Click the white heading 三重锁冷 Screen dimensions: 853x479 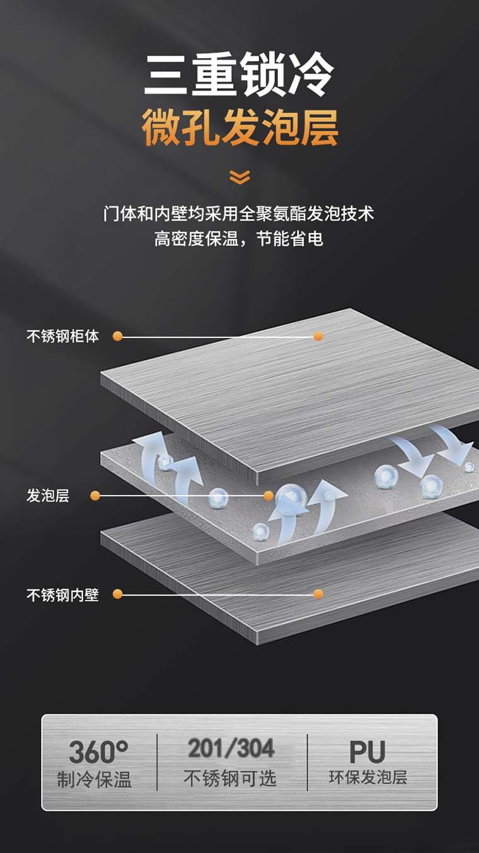coord(239,75)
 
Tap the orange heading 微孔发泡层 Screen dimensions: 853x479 coord(239,127)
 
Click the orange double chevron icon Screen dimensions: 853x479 coord(239,177)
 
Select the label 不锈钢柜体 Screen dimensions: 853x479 coord(62,336)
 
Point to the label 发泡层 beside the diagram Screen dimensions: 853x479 coord(48,496)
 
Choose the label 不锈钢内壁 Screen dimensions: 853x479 coord(62,595)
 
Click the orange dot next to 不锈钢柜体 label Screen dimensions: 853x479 coord(117,336)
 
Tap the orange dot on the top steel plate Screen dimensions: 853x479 coord(318,336)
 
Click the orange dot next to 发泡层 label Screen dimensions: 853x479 coord(95,496)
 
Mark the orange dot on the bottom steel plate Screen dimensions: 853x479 coord(318,594)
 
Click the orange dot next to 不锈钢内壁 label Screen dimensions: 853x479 coord(117,594)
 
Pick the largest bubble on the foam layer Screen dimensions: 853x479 coord(291,497)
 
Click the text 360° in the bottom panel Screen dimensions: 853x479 coord(98,751)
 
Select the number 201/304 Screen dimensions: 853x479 coord(231,748)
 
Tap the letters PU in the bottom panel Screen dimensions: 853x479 coord(367,751)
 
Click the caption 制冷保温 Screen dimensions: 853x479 coord(95,780)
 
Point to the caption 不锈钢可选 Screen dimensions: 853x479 coord(230,779)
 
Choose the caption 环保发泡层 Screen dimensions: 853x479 coord(368,777)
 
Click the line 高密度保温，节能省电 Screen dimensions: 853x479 coord(239,240)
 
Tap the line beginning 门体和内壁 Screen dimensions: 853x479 coord(239,214)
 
